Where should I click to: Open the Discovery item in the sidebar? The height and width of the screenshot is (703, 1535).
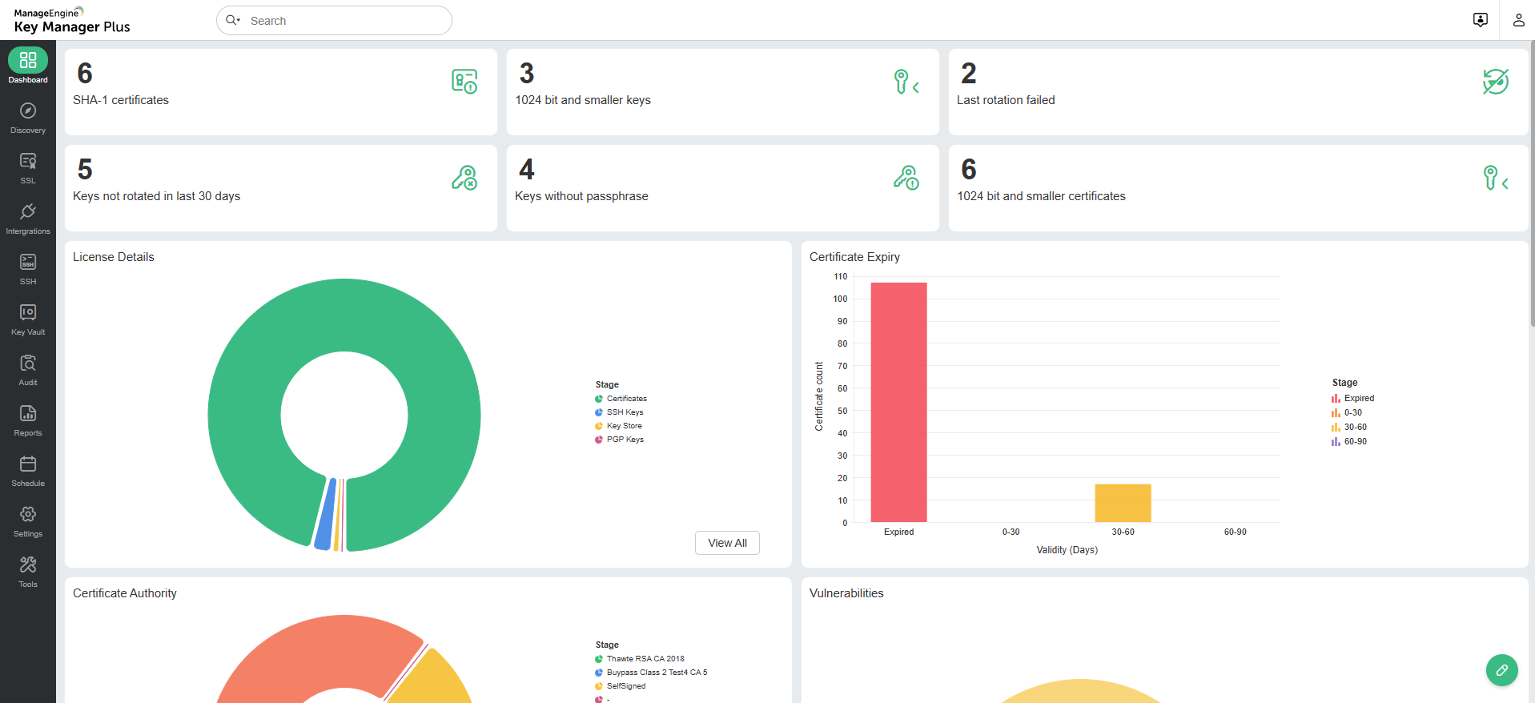(x=28, y=117)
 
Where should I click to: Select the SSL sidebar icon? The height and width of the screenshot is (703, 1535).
(x=28, y=167)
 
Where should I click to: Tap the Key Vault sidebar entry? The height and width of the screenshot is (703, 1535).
(x=28, y=319)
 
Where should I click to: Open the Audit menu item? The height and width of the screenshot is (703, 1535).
(x=28, y=369)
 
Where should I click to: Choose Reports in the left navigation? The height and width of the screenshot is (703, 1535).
(x=28, y=420)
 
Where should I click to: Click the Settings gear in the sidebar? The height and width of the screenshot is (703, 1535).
(x=28, y=520)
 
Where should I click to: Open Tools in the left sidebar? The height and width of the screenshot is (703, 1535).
(x=28, y=571)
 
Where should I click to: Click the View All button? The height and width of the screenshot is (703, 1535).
(x=727, y=543)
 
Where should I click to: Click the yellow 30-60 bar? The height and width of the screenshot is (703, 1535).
(x=1123, y=503)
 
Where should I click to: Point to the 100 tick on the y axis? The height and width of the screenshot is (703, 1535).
(x=840, y=299)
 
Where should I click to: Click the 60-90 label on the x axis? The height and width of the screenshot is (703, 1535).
(x=1235, y=532)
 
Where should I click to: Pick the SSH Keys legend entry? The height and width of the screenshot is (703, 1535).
(x=624, y=412)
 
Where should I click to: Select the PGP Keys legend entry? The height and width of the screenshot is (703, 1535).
(x=624, y=440)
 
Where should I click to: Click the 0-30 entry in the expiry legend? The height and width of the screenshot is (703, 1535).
(x=1352, y=412)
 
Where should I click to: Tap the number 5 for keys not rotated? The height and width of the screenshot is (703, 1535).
(x=85, y=170)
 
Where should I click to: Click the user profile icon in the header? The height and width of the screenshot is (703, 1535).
(x=1518, y=20)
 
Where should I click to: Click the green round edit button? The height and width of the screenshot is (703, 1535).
(x=1501, y=670)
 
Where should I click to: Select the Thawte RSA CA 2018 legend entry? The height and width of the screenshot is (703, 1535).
(x=645, y=659)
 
